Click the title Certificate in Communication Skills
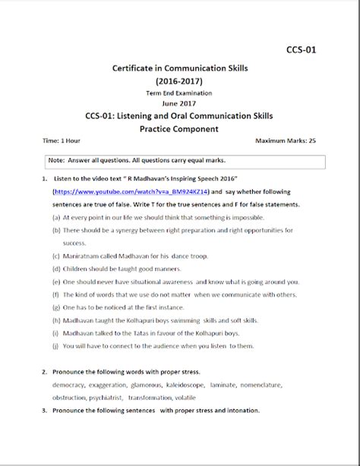click(179, 68)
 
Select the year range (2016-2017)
click(180, 80)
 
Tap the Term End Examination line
click(179, 93)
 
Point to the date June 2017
click(179, 103)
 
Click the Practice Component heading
click(179, 129)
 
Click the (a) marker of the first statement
click(56, 218)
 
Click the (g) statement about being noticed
click(111, 307)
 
